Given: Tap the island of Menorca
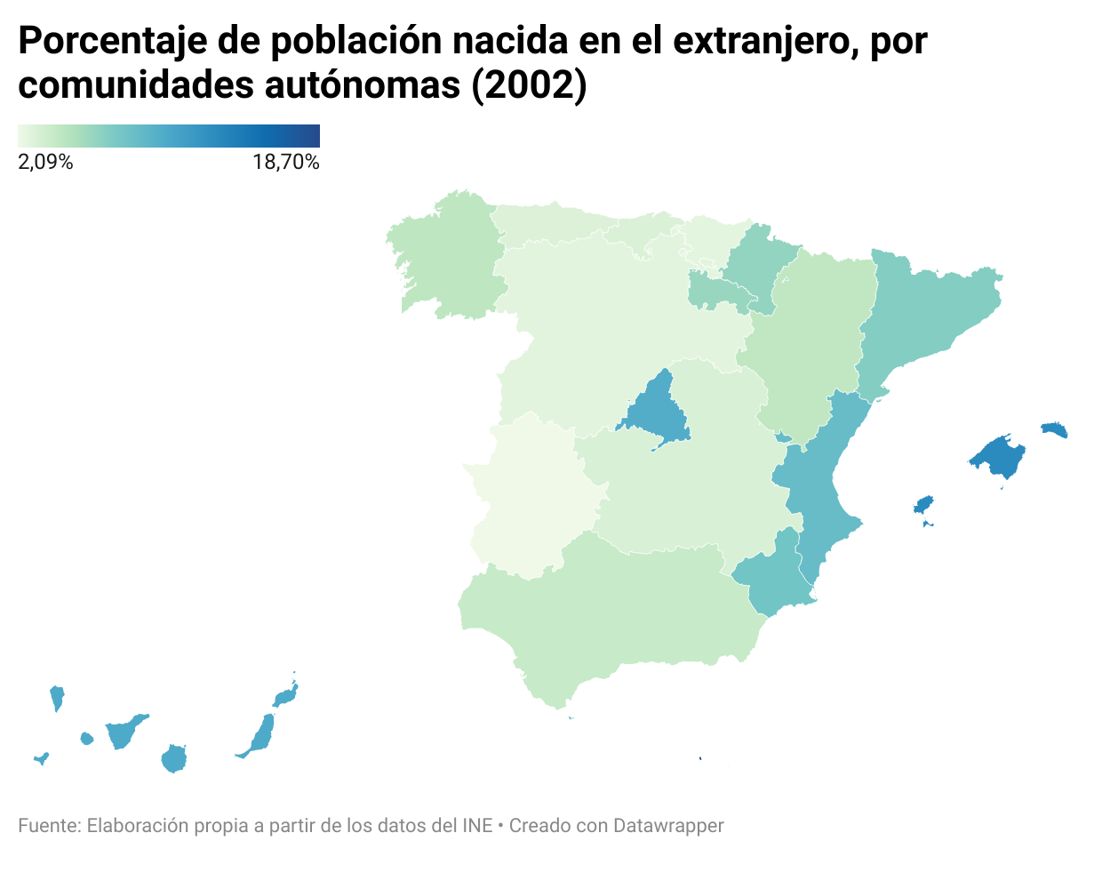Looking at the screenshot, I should click(x=1054, y=430).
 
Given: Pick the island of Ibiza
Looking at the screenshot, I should click(x=923, y=505).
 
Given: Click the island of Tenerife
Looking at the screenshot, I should click(x=123, y=733).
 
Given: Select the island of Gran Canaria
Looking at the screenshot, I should click(x=173, y=759).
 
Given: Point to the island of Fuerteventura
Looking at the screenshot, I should click(x=261, y=734).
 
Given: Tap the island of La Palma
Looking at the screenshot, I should click(x=57, y=696).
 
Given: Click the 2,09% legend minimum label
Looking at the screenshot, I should click(x=45, y=162).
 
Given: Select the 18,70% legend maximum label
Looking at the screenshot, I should click(x=285, y=162).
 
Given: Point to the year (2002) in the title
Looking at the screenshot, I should click(x=529, y=85).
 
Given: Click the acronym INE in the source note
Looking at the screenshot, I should click(x=477, y=826).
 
